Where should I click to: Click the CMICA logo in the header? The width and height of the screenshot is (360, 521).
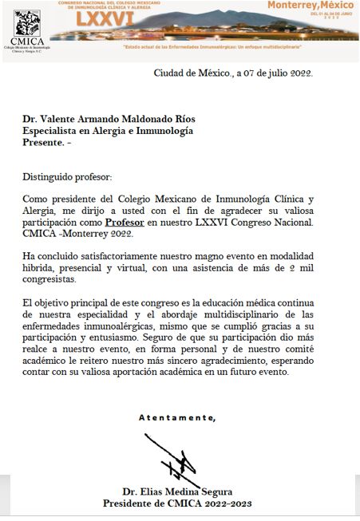pos(28,28)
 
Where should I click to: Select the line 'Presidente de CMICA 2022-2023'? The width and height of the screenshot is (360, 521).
pos(177,503)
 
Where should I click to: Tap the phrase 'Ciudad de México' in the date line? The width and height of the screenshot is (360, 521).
pos(191,74)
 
